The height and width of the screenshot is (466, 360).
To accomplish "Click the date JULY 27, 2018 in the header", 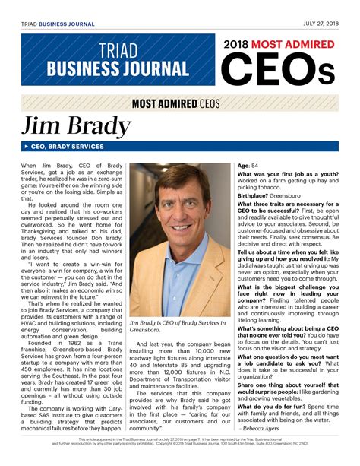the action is (x=319, y=24).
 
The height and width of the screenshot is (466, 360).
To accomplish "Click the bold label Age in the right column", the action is (x=244, y=165).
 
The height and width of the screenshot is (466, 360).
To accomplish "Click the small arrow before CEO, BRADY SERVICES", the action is (x=26, y=145).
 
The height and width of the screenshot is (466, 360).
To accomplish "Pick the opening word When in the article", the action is (x=29, y=165).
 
